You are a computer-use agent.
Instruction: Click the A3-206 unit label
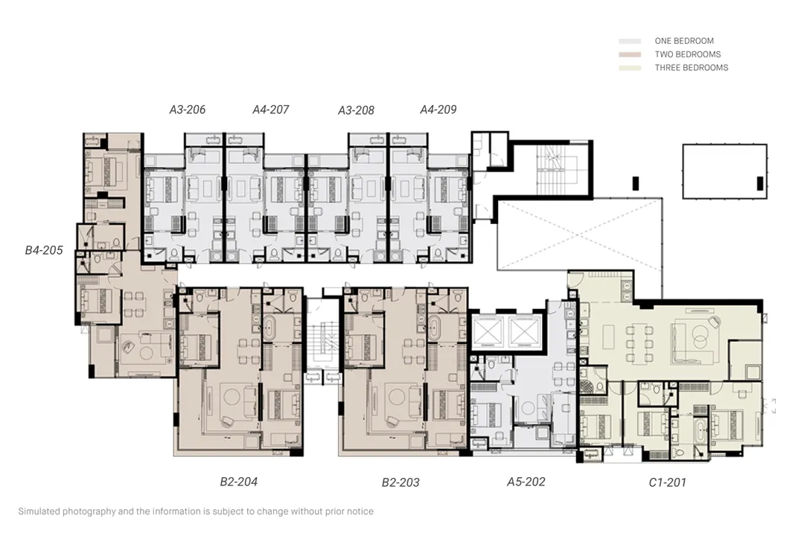pos(187,109)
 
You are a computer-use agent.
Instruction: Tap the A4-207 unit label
pos(271,109)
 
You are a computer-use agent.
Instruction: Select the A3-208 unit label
pos(356,110)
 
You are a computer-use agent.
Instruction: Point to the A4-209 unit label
pos(438,109)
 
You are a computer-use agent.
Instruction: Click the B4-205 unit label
pos(44,250)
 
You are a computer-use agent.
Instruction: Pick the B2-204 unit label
pos(238,482)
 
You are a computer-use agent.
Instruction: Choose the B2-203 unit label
pos(401,482)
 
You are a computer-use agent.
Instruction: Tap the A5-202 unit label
pos(526,482)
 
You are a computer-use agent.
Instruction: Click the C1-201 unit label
pos(667,482)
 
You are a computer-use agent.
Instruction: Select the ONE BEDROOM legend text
pos(684,41)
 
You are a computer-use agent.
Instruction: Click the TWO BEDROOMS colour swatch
pos(630,54)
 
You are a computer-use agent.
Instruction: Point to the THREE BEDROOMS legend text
pos(691,68)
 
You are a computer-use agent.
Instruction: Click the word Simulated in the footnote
pos(39,511)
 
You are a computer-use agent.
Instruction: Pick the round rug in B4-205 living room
pos(147,353)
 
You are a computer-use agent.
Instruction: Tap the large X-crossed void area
pos(579,234)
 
